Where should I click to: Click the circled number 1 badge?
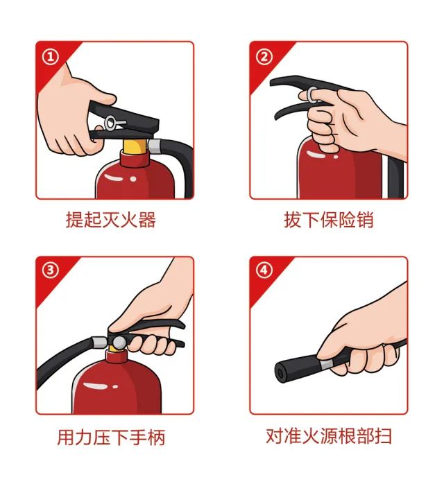point(51,57)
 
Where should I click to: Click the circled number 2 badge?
point(264,57)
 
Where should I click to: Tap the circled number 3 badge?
point(51,270)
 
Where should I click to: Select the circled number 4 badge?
point(264,270)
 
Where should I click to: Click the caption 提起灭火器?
point(111,220)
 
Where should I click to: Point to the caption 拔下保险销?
point(329,220)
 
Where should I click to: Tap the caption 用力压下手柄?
point(111,437)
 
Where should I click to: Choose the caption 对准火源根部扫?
point(329,436)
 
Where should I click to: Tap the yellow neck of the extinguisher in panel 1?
point(135,146)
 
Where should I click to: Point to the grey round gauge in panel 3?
point(119,343)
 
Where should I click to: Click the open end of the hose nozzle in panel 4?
point(281,374)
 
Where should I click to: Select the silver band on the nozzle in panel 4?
point(326,364)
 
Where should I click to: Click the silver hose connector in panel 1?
point(155,146)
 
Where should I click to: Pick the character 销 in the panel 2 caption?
point(365,220)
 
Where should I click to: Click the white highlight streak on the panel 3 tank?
point(96,386)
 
